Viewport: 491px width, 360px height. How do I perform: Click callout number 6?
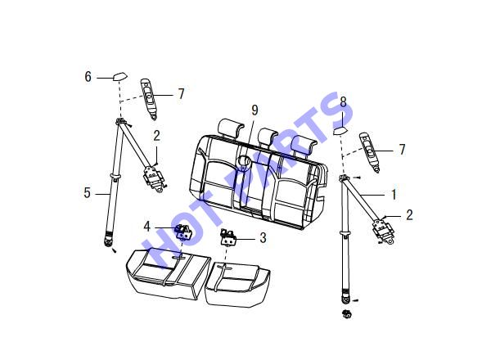(x=88, y=77)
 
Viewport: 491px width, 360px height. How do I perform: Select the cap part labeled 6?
(x=120, y=77)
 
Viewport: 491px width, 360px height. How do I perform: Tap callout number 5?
(x=87, y=193)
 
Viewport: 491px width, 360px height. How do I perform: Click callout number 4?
(x=146, y=227)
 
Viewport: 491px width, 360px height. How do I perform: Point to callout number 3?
(x=263, y=238)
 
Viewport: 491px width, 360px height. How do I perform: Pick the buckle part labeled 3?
(x=228, y=237)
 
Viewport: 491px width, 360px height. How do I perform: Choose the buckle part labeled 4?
(x=184, y=232)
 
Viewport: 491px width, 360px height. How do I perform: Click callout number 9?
(x=255, y=110)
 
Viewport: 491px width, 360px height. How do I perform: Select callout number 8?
(x=343, y=102)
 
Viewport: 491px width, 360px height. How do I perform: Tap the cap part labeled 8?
(x=340, y=130)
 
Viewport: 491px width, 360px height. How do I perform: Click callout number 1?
(x=394, y=195)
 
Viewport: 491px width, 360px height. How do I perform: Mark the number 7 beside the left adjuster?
(x=182, y=94)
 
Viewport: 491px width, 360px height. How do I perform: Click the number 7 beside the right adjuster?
(x=402, y=150)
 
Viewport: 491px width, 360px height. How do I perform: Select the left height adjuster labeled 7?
(x=149, y=99)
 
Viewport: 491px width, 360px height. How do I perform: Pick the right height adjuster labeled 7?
(x=370, y=152)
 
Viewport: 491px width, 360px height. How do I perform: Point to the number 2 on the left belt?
(x=156, y=136)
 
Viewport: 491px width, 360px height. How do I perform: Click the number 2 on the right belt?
(x=409, y=215)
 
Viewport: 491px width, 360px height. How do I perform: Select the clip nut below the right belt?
(x=346, y=314)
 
